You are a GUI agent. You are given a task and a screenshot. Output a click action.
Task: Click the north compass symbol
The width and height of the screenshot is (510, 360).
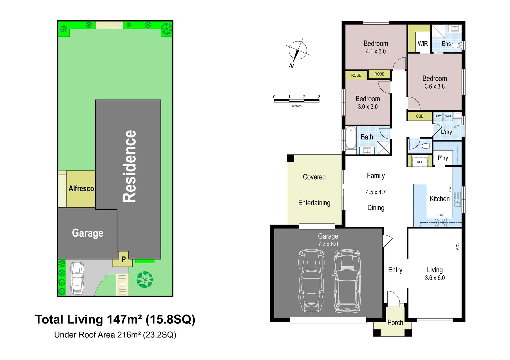click(297, 51)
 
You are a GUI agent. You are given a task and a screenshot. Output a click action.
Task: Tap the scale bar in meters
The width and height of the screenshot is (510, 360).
click(296, 100)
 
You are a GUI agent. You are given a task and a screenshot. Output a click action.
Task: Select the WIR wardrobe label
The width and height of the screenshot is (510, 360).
click(423, 44)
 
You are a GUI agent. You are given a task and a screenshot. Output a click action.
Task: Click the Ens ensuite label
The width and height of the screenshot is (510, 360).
click(446, 44)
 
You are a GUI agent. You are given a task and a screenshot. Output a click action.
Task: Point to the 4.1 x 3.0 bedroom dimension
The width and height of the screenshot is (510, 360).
click(376, 52)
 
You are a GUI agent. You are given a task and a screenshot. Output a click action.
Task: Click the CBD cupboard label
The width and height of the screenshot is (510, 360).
click(420, 116)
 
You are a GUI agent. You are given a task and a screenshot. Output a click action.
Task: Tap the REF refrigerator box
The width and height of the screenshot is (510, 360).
click(420, 162)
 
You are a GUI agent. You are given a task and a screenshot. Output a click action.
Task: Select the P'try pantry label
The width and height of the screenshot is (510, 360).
click(443, 158)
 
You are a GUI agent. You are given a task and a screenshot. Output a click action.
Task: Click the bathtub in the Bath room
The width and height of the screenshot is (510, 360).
click(351, 138)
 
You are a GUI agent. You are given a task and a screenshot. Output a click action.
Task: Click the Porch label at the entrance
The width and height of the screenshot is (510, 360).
click(395, 323)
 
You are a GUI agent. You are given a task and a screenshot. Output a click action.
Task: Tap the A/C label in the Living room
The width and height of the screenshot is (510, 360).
click(458, 247)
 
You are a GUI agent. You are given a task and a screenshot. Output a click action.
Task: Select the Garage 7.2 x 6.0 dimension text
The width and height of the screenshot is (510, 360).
click(328, 244)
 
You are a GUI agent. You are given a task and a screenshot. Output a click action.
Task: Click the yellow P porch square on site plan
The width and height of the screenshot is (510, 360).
click(123, 259)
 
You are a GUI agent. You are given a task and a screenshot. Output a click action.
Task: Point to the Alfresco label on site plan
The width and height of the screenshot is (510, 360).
click(81, 189)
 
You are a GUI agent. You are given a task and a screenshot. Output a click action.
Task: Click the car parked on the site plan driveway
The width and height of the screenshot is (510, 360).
click(77, 278)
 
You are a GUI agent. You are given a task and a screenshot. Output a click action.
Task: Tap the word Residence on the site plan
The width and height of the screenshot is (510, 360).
click(129, 166)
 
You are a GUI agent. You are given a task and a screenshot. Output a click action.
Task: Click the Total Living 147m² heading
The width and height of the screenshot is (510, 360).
click(115, 319)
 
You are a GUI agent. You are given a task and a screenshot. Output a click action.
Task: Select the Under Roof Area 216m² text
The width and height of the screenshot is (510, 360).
click(115, 335)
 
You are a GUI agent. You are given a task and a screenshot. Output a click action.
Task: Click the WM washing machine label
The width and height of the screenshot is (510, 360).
click(448, 116)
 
